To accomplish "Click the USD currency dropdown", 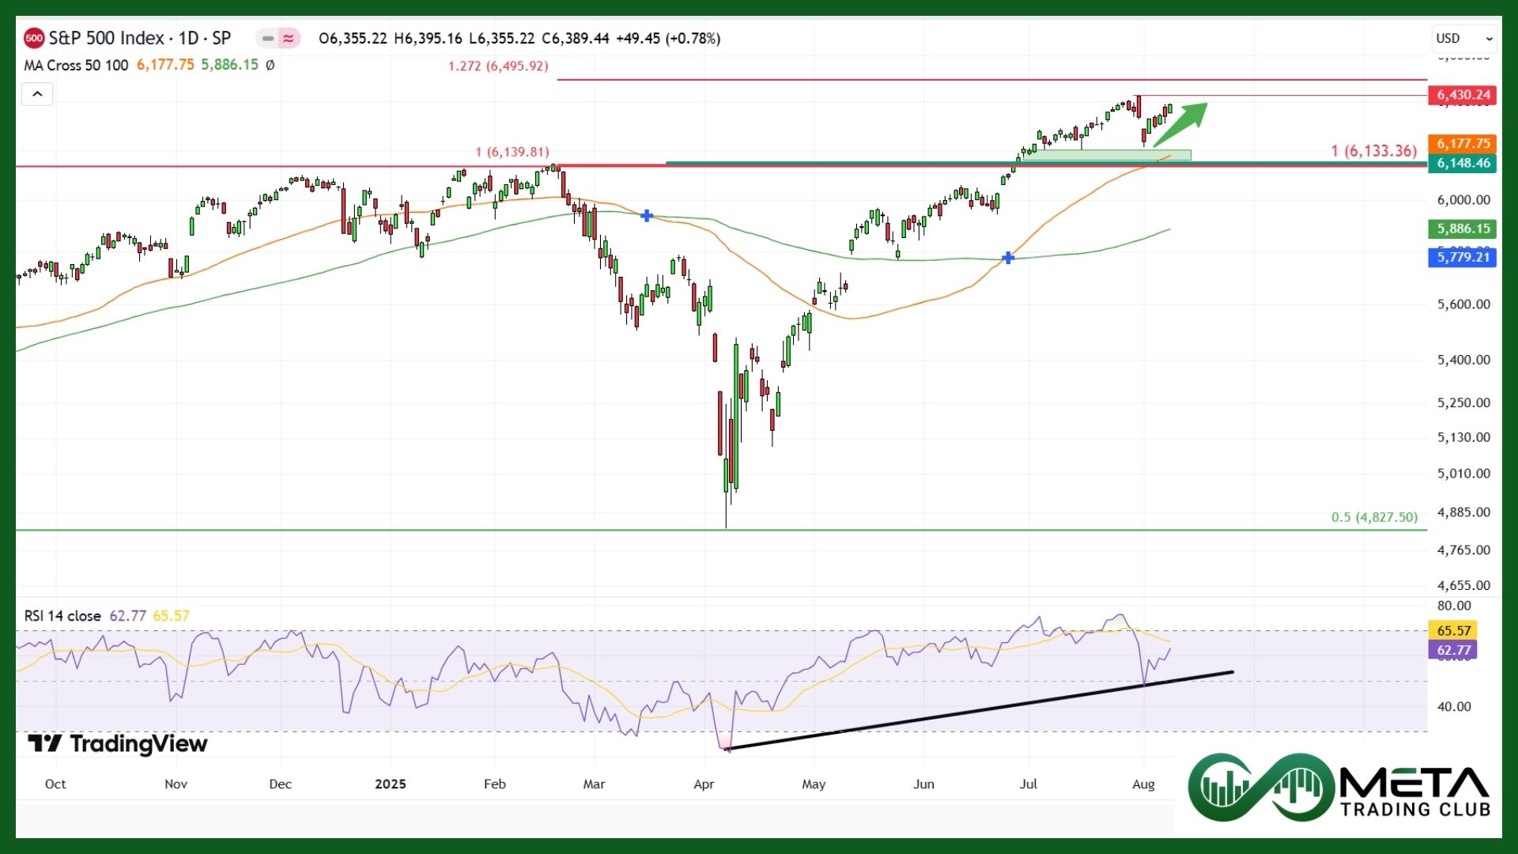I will (1463, 38).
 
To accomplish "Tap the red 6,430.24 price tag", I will (1463, 95).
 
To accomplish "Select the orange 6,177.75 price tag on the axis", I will (1463, 143).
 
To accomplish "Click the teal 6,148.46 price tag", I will (1463, 163).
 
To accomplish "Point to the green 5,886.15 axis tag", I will (1463, 229).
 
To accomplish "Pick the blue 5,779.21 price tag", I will (1463, 257).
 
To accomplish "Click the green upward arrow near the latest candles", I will (1181, 123).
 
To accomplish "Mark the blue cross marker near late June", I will (1008, 258).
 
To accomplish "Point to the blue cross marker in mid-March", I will (647, 215).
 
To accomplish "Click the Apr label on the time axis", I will (704, 784).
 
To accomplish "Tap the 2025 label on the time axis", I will (391, 784).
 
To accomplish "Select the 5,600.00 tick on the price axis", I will (1463, 304).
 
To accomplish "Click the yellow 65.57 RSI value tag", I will (1453, 630).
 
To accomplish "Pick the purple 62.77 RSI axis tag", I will (1453, 650).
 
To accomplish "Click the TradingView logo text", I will (119, 743).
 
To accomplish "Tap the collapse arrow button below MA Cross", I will (37, 95).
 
